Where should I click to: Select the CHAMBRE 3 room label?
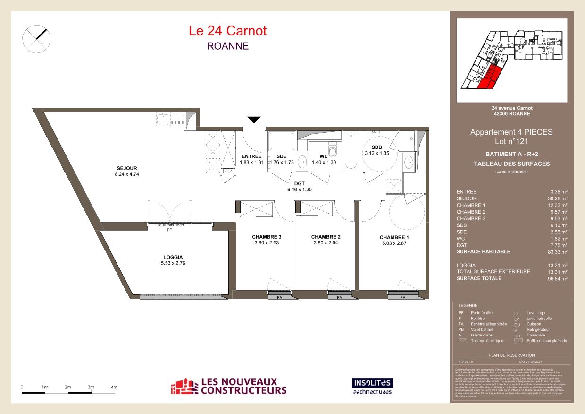[x=267, y=237]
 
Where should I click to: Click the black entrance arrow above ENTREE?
[x=254, y=120]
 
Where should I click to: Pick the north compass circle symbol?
[x=36, y=38]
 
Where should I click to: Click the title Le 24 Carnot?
[x=227, y=31]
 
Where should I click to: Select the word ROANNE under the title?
[x=227, y=46]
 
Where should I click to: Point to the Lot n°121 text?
[x=511, y=141]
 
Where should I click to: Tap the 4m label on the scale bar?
[x=114, y=387]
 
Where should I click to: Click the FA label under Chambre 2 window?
[x=339, y=298]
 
